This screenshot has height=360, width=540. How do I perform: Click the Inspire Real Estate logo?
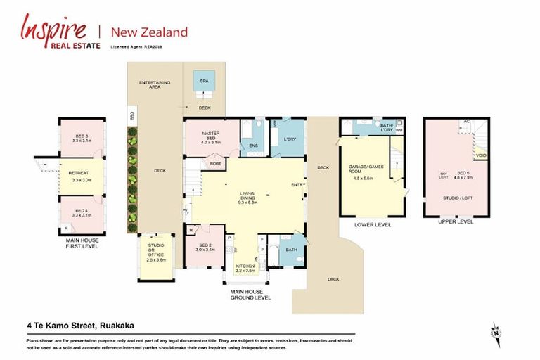click(x=53, y=32)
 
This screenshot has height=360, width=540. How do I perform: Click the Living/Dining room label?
click(x=248, y=198)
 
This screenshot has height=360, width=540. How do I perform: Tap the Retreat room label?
click(x=82, y=176)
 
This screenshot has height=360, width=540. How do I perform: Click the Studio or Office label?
click(x=155, y=251)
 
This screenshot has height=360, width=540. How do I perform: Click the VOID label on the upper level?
click(x=481, y=156)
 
